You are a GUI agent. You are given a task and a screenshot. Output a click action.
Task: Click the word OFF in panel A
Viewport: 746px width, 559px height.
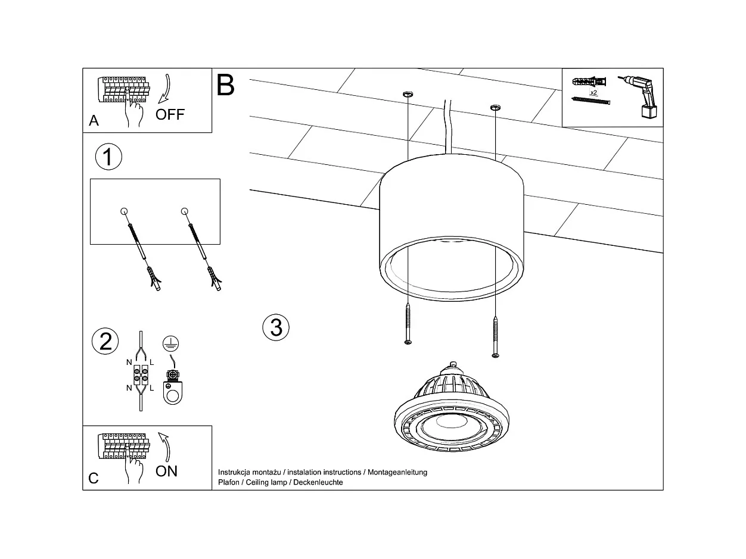pyautogui.click(x=170, y=114)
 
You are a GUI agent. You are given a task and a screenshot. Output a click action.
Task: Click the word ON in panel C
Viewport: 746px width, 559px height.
pyautogui.click(x=167, y=471)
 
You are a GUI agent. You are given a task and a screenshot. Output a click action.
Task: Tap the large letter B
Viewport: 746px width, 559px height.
pyautogui.click(x=226, y=86)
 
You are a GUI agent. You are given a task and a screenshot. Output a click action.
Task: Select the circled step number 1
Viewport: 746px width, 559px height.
pyautogui.click(x=108, y=157)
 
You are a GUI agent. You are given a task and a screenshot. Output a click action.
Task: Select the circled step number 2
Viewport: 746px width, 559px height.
pyautogui.click(x=105, y=341)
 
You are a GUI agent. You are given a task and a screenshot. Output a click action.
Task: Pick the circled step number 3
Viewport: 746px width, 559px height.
pyautogui.click(x=276, y=327)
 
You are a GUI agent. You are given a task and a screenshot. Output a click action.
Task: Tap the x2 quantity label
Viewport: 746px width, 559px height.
pyautogui.click(x=593, y=93)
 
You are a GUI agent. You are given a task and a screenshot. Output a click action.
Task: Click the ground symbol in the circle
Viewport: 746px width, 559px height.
pyautogui.click(x=170, y=343)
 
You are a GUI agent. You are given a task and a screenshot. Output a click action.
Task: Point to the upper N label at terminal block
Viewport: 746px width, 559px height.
pyautogui.click(x=129, y=362)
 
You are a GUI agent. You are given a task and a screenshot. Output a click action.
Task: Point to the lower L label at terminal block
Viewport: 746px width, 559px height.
pyautogui.click(x=152, y=388)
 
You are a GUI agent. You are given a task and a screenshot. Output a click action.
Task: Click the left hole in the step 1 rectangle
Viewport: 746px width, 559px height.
pyautogui.click(x=124, y=211)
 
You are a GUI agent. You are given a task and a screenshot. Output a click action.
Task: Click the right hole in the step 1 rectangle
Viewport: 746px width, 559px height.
pyautogui.click(x=184, y=211)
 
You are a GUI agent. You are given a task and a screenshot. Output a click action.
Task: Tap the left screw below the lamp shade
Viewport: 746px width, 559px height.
pyautogui.click(x=408, y=324)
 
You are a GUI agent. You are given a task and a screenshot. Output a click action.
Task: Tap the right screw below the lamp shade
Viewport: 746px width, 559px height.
pyautogui.click(x=495, y=337)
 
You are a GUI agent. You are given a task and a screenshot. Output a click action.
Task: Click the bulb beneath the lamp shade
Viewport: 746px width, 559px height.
pyautogui.click(x=453, y=411)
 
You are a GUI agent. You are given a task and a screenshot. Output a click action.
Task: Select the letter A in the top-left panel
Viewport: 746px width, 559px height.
pyautogui.click(x=94, y=121)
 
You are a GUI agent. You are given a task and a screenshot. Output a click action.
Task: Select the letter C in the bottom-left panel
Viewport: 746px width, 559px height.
pyautogui.click(x=94, y=478)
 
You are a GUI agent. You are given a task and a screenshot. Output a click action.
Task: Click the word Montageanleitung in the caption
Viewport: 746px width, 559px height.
pyautogui.click(x=397, y=472)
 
